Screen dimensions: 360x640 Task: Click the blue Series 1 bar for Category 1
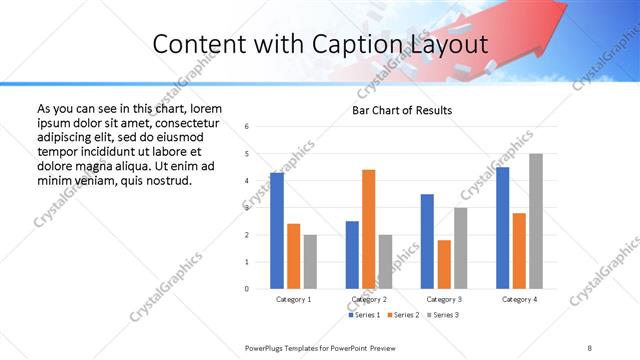click(x=277, y=231)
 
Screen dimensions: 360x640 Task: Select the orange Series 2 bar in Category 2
click(x=368, y=229)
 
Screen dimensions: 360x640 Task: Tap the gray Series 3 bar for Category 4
click(x=536, y=221)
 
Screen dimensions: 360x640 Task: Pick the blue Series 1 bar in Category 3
click(x=427, y=241)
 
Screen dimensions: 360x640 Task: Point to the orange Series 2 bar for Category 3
click(x=444, y=264)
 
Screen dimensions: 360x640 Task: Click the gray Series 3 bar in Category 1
click(x=310, y=262)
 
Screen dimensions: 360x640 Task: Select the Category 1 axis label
click(x=294, y=299)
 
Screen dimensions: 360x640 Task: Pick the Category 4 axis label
click(x=519, y=299)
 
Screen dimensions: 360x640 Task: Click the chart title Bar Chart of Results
click(x=403, y=110)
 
